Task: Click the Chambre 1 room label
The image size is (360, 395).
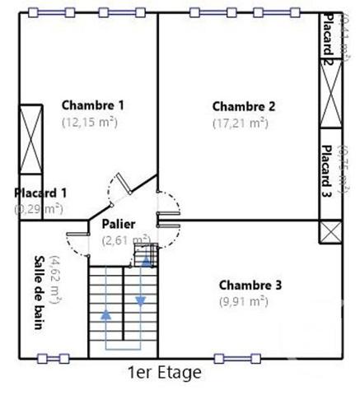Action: point(93,105)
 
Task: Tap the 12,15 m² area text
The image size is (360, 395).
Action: point(89,121)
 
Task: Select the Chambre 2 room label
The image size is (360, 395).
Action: point(244,105)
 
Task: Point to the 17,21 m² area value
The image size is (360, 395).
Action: point(241,123)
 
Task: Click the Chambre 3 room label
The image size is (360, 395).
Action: point(250,285)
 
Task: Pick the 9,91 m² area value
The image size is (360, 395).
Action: point(244,301)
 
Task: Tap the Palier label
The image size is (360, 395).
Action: point(119,224)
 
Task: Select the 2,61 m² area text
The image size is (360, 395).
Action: point(125,240)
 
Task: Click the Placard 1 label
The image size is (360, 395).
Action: point(40,193)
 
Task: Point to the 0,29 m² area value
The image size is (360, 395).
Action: point(39,209)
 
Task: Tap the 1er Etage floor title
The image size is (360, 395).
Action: point(165,372)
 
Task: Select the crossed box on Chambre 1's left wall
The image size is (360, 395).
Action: point(30,136)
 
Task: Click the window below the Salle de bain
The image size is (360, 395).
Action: point(53,358)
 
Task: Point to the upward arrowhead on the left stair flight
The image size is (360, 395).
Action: point(105,313)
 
